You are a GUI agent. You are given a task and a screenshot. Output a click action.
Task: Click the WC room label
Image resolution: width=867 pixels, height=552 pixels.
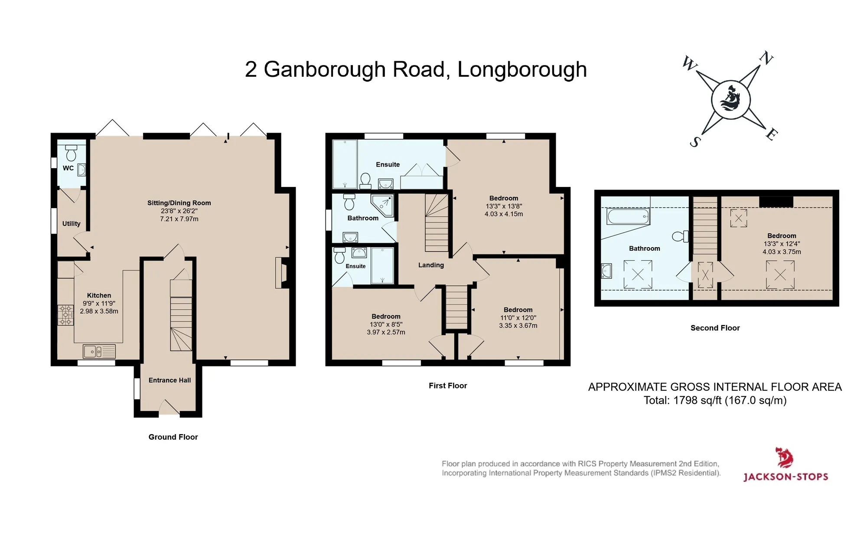point(68,168)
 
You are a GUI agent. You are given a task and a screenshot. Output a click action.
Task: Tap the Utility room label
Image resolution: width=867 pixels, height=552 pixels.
point(72,224)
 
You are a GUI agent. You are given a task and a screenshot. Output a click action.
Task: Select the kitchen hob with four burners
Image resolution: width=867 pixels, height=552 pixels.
point(66,315)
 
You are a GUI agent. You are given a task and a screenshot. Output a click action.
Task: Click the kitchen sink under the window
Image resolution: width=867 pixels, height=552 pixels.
point(99,351)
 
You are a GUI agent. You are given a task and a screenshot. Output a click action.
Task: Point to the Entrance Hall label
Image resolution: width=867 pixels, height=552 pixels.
point(169,380)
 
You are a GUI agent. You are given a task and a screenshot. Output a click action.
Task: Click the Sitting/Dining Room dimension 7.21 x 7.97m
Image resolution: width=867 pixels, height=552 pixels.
point(179,219)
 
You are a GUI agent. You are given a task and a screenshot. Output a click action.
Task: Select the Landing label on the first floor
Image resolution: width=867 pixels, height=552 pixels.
point(431,265)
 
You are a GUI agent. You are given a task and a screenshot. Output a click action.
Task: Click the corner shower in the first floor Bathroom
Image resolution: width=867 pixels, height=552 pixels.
point(383,206)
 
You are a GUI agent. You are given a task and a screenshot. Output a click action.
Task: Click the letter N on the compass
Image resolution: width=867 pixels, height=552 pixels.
point(766,58)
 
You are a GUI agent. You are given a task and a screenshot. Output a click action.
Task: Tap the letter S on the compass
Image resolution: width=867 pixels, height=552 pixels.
point(695,141)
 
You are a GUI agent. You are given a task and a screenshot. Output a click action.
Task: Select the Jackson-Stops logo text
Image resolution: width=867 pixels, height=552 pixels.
point(786,477)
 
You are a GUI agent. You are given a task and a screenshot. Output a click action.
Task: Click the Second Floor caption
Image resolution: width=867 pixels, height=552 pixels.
point(715,328)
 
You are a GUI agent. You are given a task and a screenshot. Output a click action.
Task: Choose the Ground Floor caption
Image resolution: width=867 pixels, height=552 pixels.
point(173,437)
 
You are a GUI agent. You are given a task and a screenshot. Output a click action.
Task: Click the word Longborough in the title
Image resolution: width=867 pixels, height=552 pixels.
point(522,70)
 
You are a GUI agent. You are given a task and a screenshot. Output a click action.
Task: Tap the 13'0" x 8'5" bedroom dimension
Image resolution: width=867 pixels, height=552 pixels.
point(386,324)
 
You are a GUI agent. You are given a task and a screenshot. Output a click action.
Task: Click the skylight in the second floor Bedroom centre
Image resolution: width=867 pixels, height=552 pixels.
point(780,274)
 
